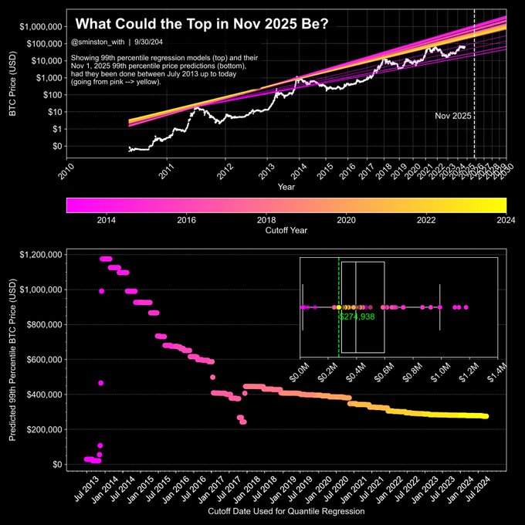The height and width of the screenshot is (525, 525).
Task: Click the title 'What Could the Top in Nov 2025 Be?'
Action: (x=203, y=25)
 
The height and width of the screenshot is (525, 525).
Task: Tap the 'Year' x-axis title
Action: (x=286, y=187)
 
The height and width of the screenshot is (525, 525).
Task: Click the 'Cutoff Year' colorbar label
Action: (x=286, y=229)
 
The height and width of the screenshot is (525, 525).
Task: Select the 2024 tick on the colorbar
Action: (x=506, y=218)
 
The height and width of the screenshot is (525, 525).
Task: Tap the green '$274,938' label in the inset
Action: (x=356, y=317)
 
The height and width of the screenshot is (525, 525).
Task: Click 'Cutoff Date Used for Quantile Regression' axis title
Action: (x=286, y=511)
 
